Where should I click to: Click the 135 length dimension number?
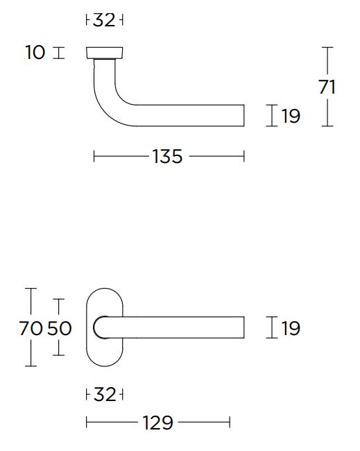pyautogui.click(x=167, y=157)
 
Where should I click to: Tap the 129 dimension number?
pyautogui.click(x=159, y=422)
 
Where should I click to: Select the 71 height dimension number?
pyautogui.click(x=327, y=87)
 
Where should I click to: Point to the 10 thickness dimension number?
pyautogui.click(x=35, y=52)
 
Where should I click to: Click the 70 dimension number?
pyautogui.click(x=31, y=328)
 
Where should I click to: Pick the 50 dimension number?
pyautogui.click(x=60, y=328)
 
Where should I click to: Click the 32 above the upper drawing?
pyautogui.click(x=104, y=20)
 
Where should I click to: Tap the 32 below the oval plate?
pyautogui.click(x=104, y=395)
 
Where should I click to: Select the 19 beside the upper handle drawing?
pyautogui.click(x=291, y=116)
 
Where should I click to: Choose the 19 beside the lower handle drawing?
pyautogui.click(x=291, y=328)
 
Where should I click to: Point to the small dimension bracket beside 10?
pyautogui.click(x=58, y=53)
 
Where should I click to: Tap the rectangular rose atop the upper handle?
pyautogui.click(x=105, y=53)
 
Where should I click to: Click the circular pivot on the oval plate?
pyautogui.click(x=101, y=327)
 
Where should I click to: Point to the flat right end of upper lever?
pyautogui.click(x=243, y=115)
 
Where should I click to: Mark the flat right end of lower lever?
pyautogui.click(x=243, y=327)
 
